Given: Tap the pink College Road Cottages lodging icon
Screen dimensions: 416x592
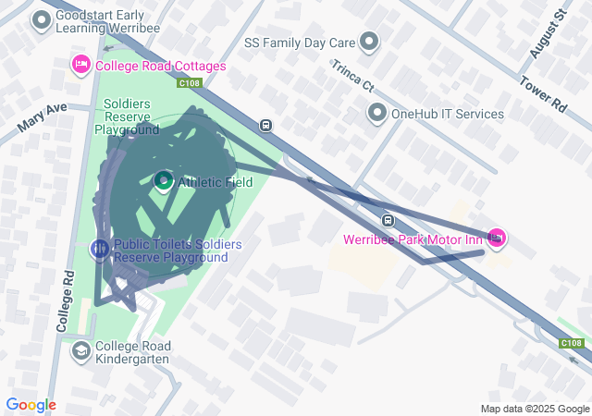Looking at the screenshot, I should click(80, 66).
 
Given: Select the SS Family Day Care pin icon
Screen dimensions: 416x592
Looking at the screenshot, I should click(369, 42).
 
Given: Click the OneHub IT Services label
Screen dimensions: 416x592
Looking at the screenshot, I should click(448, 114).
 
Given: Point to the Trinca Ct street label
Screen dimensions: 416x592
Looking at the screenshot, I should click(353, 76).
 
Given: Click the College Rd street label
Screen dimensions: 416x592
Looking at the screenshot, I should click(65, 301).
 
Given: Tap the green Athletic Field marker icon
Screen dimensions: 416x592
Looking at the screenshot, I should click(164, 181).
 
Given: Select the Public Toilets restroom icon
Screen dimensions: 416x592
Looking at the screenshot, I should click(100, 249).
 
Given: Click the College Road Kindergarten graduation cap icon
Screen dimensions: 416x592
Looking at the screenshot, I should click(80, 350).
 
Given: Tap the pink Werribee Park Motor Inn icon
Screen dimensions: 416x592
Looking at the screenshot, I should click(497, 239).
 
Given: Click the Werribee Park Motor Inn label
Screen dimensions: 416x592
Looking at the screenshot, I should click(413, 239).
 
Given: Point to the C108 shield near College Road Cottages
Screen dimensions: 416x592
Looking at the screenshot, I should click(189, 83).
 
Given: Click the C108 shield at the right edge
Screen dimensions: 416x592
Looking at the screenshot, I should click(572, 343).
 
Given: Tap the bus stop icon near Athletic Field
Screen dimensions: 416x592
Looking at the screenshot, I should click(265, 126).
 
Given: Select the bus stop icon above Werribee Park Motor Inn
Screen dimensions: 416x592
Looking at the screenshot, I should click(388, 220).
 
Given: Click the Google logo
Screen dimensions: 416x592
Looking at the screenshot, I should click(31, 405).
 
